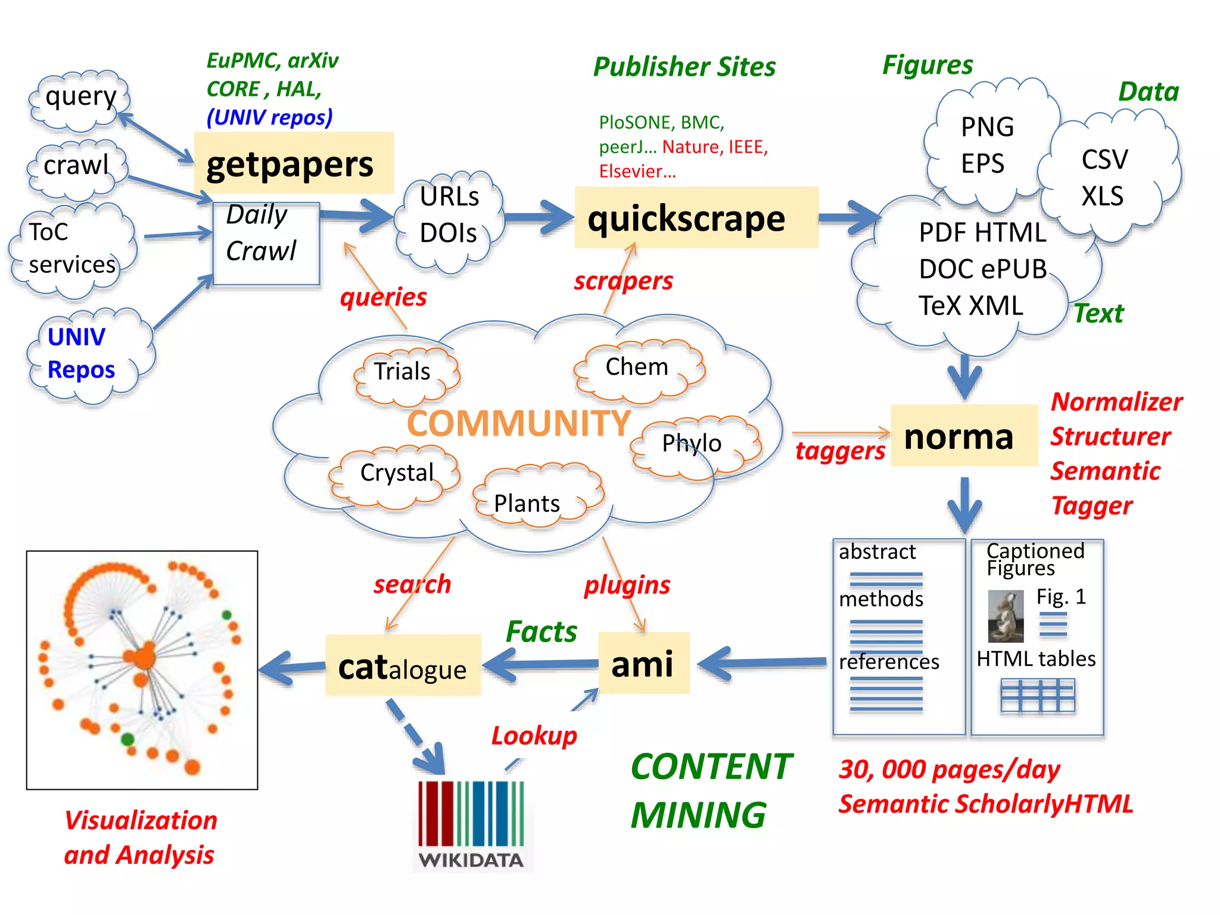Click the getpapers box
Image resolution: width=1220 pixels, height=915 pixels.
[293, 163]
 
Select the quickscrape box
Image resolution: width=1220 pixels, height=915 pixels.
[696, 218]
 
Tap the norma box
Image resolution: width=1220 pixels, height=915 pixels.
[963, 436]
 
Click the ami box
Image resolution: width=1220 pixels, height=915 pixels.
[643, 664]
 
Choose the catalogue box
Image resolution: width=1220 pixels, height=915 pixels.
[403, 666]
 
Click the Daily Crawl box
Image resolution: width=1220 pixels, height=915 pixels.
[266, 244]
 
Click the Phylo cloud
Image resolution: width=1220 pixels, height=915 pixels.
[694, 446]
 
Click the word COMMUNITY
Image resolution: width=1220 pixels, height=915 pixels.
[518, 424]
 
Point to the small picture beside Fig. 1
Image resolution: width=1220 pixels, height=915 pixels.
[1005, 616]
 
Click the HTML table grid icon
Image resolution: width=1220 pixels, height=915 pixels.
[1037, 695]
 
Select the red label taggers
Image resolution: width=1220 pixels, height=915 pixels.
[840, 452]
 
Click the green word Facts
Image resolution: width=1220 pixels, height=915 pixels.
[541, 631]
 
